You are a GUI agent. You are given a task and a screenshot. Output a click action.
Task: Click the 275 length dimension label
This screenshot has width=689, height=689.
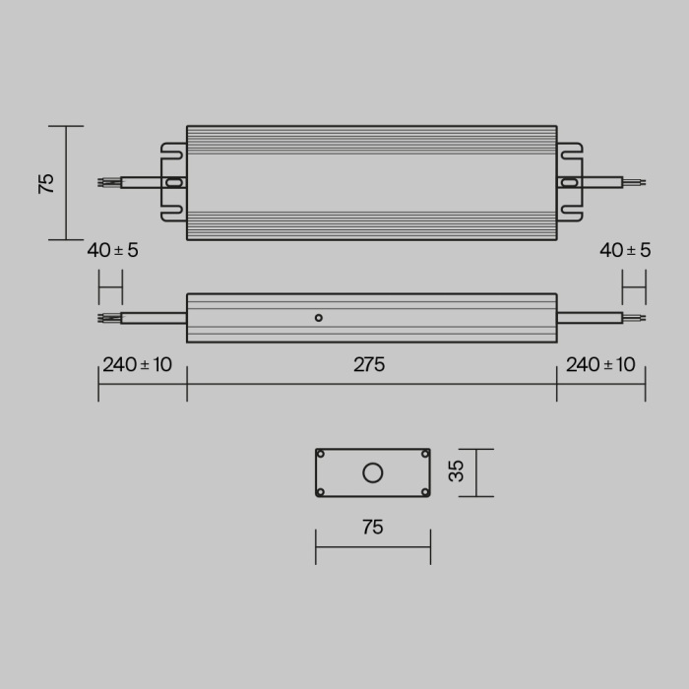point(369,365)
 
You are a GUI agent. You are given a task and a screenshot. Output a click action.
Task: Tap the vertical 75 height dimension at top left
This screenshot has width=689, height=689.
point(46,183)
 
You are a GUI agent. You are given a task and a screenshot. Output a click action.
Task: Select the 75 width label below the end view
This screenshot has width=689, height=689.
point(371,528)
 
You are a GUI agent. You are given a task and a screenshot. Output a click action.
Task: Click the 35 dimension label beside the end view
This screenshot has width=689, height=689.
point(456,472)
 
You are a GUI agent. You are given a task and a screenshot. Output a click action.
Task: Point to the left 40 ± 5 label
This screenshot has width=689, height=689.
point(112,250)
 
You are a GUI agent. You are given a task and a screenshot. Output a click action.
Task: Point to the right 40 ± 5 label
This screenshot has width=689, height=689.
point(625,250)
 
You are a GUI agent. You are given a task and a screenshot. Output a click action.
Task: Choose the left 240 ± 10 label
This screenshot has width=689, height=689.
point(137,365)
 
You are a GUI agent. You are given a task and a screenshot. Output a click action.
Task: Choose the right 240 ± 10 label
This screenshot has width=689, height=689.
point(600,365)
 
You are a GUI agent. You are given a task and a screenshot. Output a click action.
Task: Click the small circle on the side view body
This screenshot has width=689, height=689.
point(318,317)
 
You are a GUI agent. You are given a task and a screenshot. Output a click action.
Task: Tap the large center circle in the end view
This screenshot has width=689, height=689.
point(372,473)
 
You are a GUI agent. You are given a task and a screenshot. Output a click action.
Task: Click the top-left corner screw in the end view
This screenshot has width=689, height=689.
point(321,454)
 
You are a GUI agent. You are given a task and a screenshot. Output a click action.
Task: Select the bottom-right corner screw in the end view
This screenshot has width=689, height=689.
point(424,492)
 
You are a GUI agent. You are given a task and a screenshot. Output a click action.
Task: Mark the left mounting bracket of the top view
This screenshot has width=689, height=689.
point(174,183)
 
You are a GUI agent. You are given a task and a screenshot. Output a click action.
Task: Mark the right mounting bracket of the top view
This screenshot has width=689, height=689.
point(569,183)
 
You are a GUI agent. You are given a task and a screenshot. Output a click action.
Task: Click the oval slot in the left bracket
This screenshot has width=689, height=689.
point(174,183)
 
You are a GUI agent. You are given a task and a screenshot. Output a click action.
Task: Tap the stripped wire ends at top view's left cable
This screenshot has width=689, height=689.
point(107,183)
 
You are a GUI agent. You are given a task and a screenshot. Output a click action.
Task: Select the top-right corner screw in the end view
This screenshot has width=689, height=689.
point(424,454)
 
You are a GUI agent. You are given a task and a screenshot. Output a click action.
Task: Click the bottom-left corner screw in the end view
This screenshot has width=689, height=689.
point(321,492)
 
